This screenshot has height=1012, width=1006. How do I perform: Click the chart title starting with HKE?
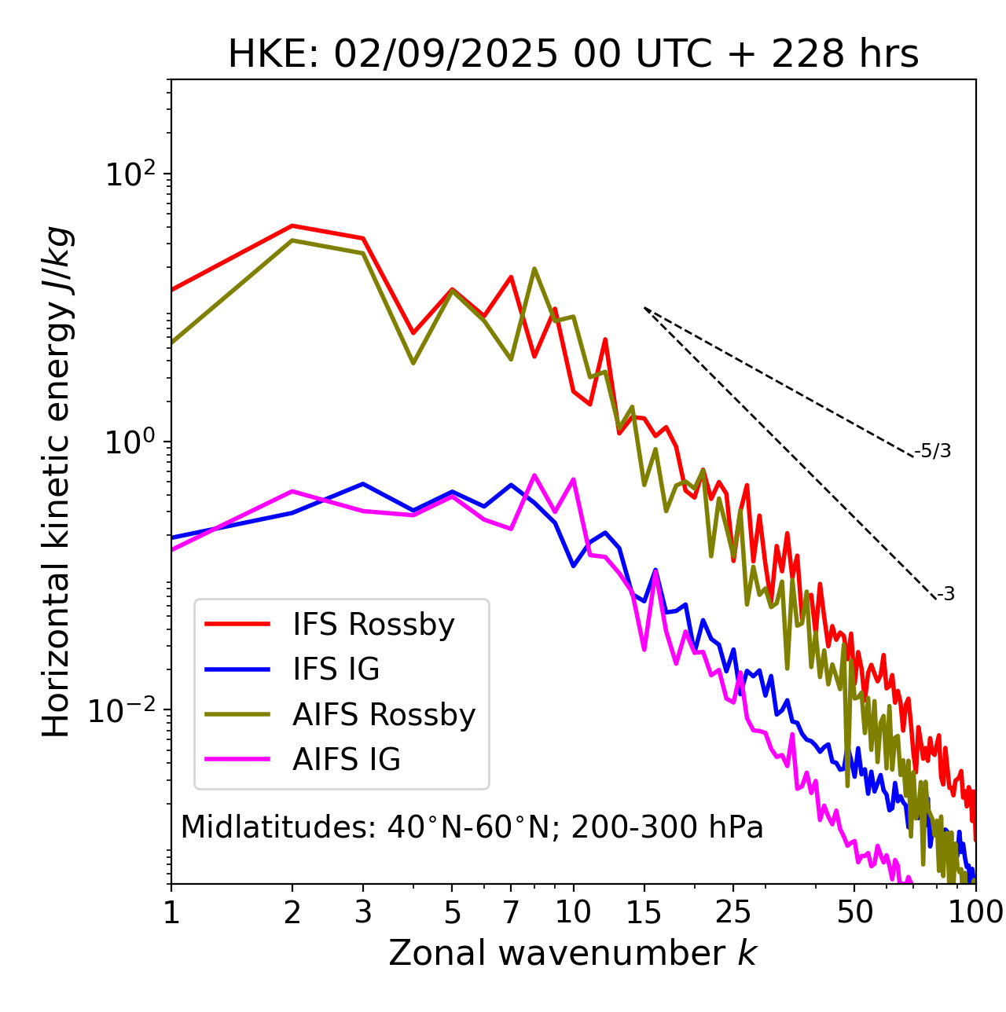(x=573, y=54)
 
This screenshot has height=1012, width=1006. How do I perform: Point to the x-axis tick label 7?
(x=511, y=912)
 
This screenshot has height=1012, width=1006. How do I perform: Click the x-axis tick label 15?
(x=644, y=912)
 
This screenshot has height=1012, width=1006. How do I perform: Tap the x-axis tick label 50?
(x=854, y=912)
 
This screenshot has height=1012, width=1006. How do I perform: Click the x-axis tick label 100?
(x=975, y=912)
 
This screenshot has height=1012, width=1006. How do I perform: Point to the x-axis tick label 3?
(x=363, y=912)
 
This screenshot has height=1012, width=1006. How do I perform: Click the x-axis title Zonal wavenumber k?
(x=573, y=953)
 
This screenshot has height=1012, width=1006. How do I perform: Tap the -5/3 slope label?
(x=933, y=451)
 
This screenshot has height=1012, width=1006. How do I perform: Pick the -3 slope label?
(x=945, y=595)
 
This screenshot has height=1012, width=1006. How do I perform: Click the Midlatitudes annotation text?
(x=472, y=827)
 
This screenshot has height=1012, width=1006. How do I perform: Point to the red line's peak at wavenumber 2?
(x=292, y=225)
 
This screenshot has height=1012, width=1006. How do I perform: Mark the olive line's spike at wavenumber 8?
(x=534, y=269)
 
